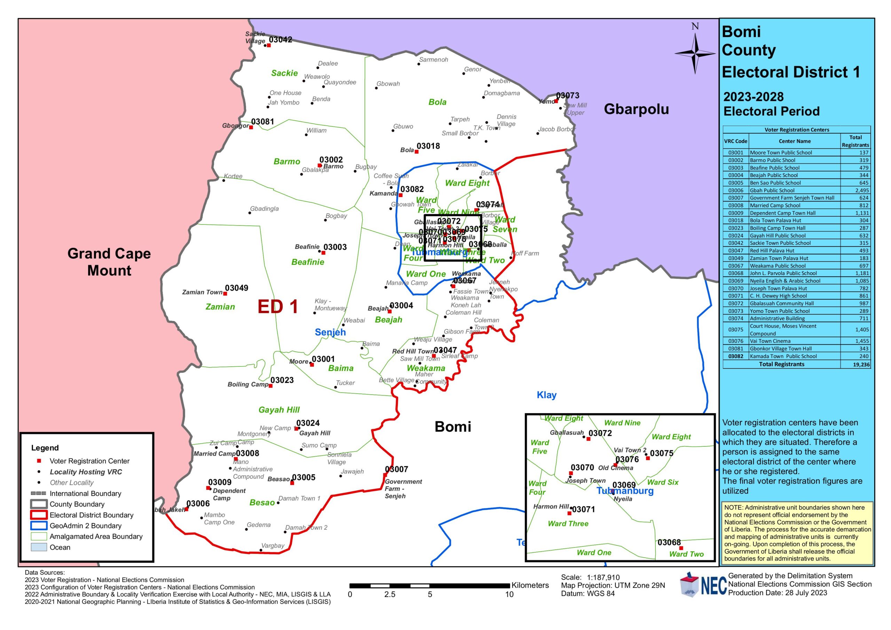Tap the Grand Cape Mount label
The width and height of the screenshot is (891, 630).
pyautogui.click(x=109, y=262)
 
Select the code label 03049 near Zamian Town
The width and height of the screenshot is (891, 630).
pyautogui.click(x=236, y=288)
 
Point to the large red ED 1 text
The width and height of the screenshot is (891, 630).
pyautogui.click(x=278, y=307)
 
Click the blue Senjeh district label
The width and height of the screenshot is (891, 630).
pyautogui.click(x=330, y=332)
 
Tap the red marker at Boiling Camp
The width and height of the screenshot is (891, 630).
pyautogui.click(x=270, y=386)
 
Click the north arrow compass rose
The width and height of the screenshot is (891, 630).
pyautogui.click(x=695, y=54)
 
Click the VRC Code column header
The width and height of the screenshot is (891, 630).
pyautogui.click(x=735, y=141)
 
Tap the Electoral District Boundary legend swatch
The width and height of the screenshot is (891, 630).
pyautogui.click(x=39, y=515)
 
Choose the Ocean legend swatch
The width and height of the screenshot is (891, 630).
pyautogui.click(x=39, y=547)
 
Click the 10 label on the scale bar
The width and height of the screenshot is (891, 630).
pyautogui.click(x=509, y=594)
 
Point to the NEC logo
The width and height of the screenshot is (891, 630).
pyautogui.click(x=703, y=585)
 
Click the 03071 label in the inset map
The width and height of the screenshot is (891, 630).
pyautogui.click(x=583, y=509)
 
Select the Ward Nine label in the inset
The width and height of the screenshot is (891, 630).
pyautogui.click(x=622, y=423)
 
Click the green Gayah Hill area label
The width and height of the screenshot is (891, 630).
pyautogui.click(x=279, y=410)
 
